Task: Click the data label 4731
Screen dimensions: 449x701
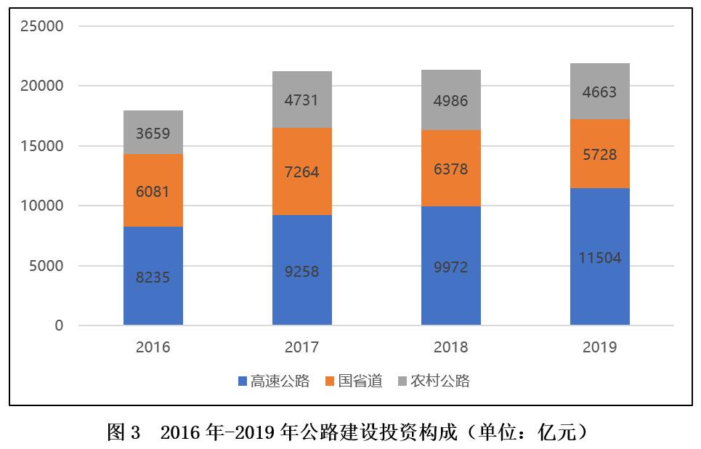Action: [x=301, y=100]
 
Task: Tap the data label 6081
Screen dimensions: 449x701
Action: [x=153, y=192]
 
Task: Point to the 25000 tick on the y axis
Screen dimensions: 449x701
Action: [x=42, y=26]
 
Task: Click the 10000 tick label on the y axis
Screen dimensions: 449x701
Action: [x=42, y=206]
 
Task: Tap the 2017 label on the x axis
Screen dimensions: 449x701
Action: [x=301, y=347]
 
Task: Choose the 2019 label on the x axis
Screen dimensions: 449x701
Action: [x=599, y=347]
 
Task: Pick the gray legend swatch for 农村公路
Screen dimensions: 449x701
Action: [x=402, y=381]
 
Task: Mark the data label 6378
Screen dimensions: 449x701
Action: [x=450, y=169]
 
